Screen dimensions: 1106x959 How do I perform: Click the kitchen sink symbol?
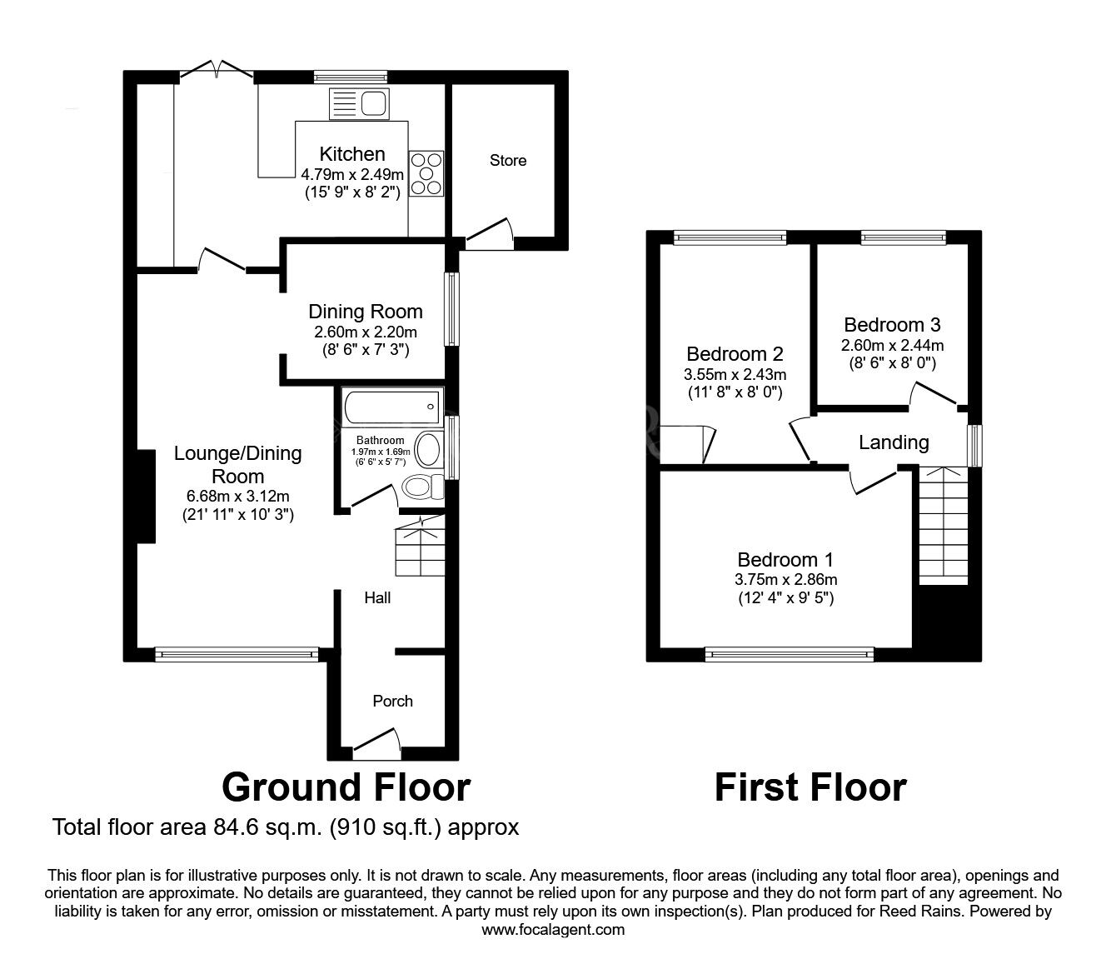click(x=358, y=104)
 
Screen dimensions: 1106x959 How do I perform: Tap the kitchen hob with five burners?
click(x=426, y=173)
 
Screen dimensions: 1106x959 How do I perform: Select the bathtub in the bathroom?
click(x=391, y=407)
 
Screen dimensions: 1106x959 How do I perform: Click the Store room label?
click(x=508, y=161)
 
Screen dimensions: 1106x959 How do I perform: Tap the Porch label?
click(x=393, y=702)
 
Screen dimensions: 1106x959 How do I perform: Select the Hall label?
click(x=377, y=597)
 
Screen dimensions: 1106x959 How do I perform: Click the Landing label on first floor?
click(x=894, y=442)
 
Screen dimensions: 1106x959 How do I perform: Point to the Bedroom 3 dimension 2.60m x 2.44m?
click(x=892, y=346)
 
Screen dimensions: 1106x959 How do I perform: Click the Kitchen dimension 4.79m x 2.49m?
click(x=352, y=175)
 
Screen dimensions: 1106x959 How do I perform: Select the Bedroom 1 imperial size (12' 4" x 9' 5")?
click(x=786, y=597)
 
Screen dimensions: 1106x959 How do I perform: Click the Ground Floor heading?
click(x=346, y=787)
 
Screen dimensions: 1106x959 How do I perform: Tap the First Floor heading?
click(x=810, y=787)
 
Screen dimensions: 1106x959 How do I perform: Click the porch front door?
click(x=377, y=743)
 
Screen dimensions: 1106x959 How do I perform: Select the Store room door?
click(x=490, y=234)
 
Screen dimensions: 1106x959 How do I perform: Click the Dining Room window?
click(x=452, y=309)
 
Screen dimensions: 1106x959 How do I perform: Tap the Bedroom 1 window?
click(x=790, y=654)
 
